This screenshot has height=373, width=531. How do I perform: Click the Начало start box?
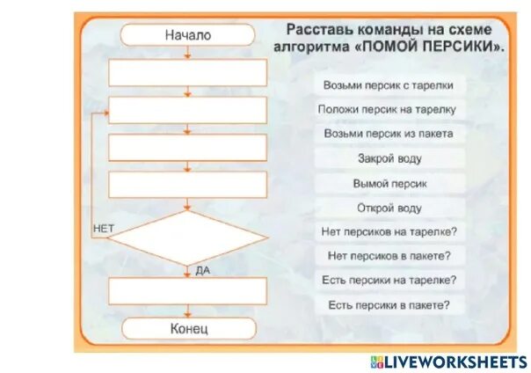187,35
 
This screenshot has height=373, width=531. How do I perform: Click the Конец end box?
187,328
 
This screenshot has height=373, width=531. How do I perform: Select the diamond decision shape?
187,236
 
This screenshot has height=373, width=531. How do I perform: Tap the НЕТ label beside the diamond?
103,229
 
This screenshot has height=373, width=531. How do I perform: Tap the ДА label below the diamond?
202,271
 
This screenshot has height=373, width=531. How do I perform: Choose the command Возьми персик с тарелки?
389,85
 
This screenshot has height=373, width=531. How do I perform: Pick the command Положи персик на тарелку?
389,110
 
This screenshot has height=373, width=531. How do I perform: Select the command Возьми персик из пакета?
389,135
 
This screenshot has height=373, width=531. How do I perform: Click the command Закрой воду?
389,159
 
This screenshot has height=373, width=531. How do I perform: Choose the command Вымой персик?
389,184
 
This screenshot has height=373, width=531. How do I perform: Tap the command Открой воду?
389,208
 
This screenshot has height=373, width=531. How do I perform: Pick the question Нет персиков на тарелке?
389,232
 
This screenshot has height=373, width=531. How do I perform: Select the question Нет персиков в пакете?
389,256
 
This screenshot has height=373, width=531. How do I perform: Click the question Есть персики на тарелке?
389,280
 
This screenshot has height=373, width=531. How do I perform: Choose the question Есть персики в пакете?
389,304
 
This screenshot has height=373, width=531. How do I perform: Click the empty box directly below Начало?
187,73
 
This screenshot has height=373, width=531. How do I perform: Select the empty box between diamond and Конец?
187,290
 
